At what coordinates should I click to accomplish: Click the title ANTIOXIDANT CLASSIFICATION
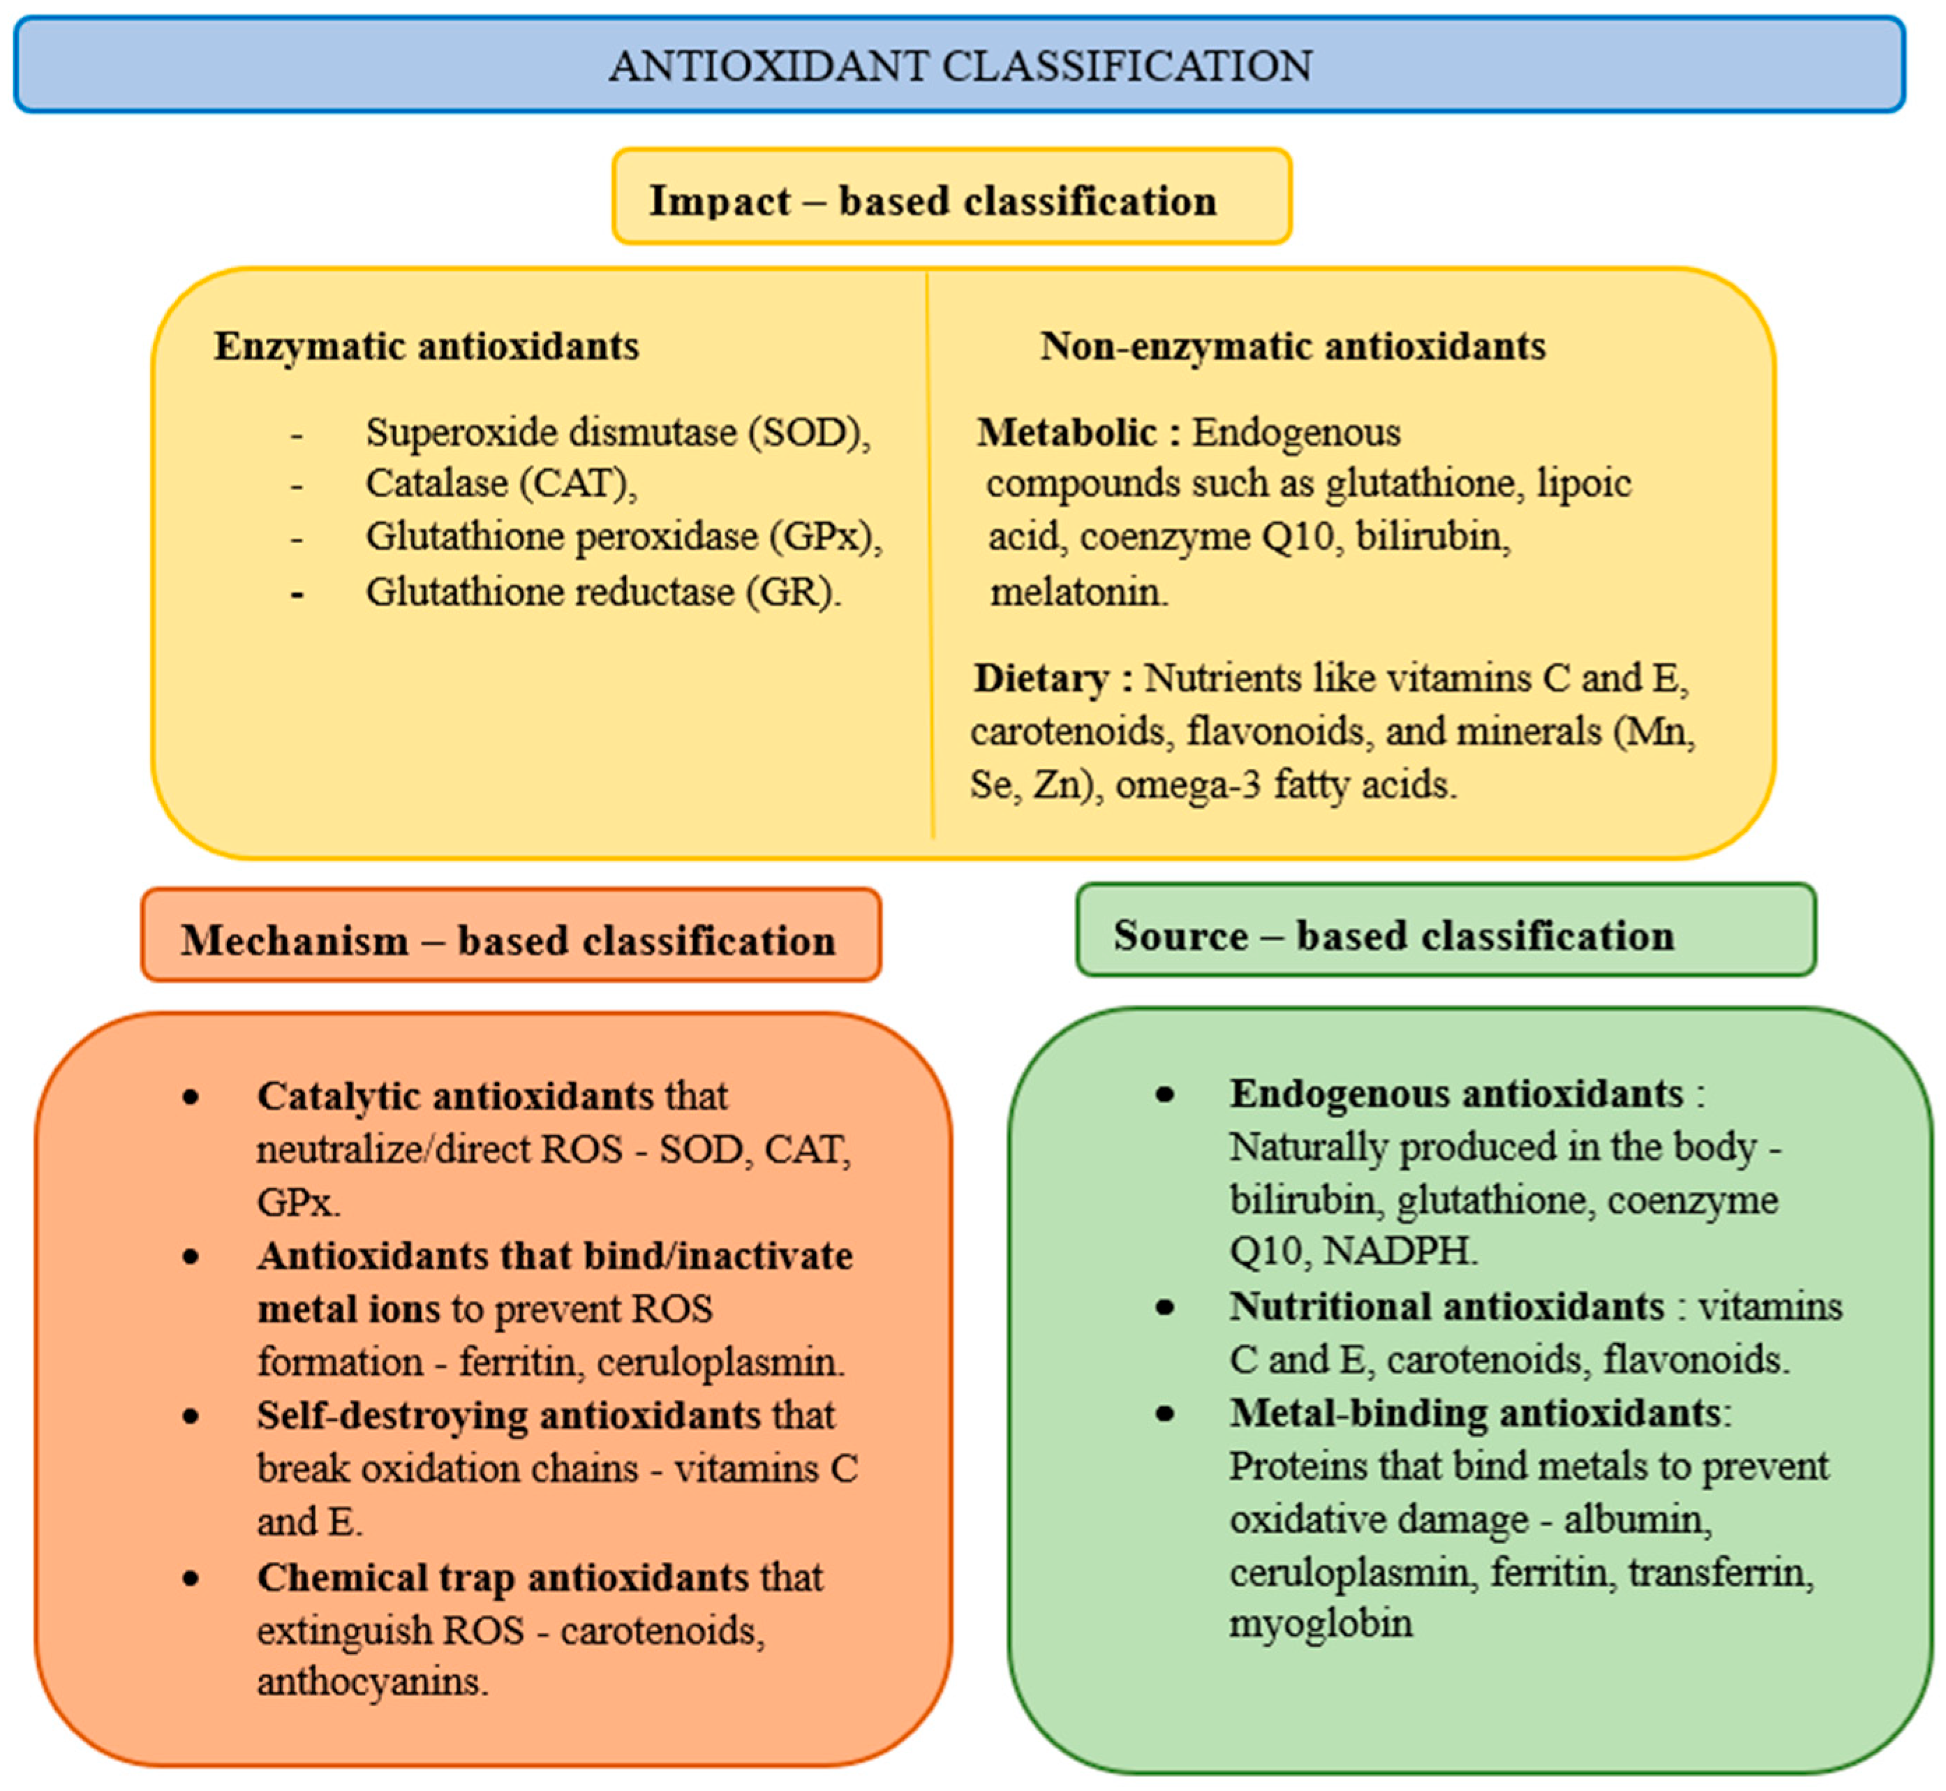coord(960,66)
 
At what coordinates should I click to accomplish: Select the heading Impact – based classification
coord(933,200)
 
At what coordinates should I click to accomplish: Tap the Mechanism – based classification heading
coord(508,940)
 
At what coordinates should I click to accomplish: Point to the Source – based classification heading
coord(1394,935)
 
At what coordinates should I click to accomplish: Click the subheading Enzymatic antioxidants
coord(426,346)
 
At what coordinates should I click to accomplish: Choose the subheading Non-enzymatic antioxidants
coord(1293,346)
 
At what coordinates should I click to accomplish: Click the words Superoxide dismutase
coord(551,432)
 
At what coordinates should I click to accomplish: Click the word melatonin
coord(1078,591)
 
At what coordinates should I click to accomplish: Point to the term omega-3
coord(1188,784)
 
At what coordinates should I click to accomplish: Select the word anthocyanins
coord(371,1681)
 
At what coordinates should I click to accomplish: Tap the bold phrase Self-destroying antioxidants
coord(509,1415)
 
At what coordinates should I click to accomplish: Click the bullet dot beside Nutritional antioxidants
coord(1165,1307)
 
